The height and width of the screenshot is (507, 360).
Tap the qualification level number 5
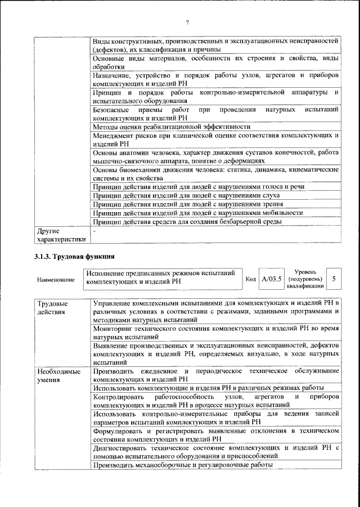click(334, 279)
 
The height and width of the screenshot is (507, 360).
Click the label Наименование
click(55, 280)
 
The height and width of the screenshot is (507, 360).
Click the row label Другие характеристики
click(60, 235)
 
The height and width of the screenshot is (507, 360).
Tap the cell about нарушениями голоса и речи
click(199, 186)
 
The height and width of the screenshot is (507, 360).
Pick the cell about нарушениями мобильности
click(198, 213)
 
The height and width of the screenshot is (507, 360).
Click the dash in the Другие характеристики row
click(95, 231)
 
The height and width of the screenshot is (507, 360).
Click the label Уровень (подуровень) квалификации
click(305, 279)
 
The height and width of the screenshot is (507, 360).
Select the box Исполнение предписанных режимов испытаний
click(163, 279)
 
